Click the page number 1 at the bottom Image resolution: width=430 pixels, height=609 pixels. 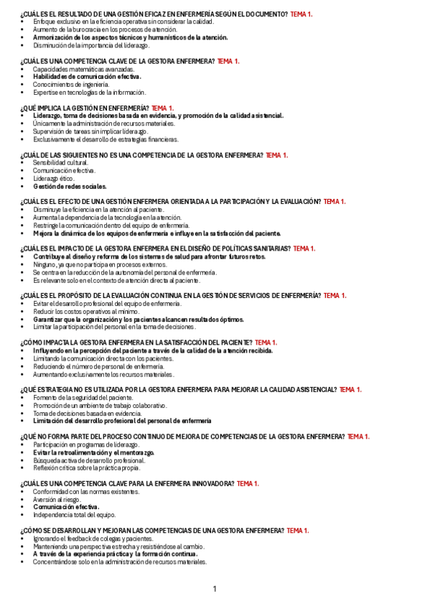point(215,590)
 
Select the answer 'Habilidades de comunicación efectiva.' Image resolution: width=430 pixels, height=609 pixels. point(87,76)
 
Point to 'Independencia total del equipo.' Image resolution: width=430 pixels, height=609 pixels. point(74,515)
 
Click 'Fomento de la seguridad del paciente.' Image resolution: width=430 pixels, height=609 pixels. point(83,398)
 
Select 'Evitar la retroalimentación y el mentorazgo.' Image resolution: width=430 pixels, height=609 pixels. point(93,452)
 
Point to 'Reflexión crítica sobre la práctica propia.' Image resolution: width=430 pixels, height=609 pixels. point(87,468)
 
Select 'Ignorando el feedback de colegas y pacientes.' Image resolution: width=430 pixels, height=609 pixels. point(93,538)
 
